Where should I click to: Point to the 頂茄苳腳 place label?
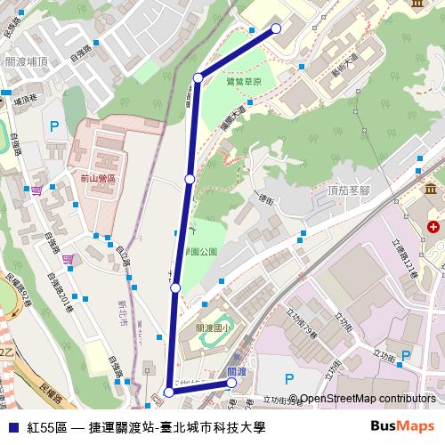point(348,190)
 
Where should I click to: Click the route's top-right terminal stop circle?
point(276,28)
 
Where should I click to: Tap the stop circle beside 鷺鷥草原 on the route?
point(198,78)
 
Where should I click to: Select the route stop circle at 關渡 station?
point(231,383)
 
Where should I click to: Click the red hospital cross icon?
point(433,228)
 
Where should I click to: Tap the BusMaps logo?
point(402,426)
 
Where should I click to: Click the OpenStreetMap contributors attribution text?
point(368,400)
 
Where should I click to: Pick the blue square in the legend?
point(12,427)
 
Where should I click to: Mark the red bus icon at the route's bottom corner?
point(168,392)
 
